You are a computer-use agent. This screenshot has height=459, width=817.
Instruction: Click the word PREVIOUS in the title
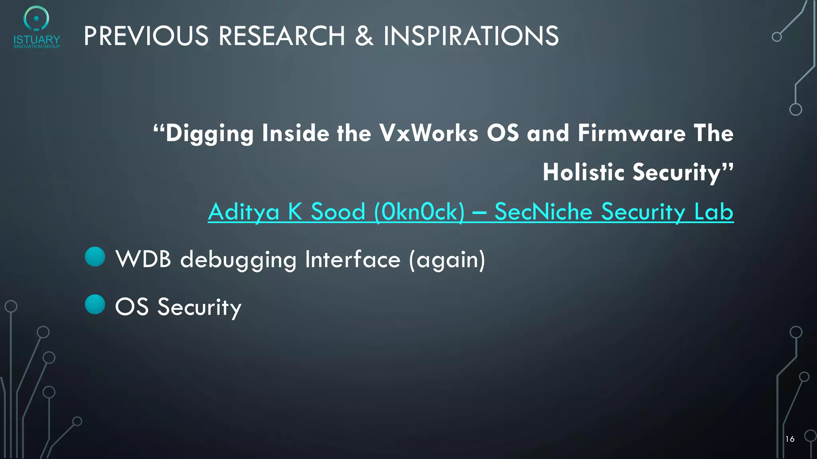tap(146, 36)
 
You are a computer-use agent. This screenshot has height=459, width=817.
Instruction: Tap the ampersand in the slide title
tap(364, 36)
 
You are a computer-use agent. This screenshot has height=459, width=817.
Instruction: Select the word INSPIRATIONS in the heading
tap(471, 36)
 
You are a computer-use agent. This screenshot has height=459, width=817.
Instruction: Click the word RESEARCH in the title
tap(282, 36)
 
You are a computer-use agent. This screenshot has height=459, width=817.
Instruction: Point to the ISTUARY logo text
tap(37, 40)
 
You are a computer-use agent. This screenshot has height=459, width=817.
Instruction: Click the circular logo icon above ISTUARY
tap(36, 18)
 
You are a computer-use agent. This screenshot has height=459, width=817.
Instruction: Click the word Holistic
tap(583, 172)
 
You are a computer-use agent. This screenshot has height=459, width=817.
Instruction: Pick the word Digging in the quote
tap(209, 133)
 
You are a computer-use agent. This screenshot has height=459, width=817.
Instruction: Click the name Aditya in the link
tap(243, 212)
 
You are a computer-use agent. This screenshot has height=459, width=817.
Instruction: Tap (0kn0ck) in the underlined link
tap(419, 212)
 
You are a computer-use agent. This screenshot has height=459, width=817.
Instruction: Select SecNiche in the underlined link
tap(543, 212)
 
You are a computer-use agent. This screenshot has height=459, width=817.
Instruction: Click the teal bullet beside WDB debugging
tap(95, 257)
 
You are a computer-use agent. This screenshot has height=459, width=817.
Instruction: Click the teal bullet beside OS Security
tap(95, 304)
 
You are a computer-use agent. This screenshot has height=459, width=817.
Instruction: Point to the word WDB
tap(143, 259)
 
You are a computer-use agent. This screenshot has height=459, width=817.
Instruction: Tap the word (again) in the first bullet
tap(447, 259)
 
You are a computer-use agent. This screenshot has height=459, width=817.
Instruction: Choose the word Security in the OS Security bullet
tap(199, 307)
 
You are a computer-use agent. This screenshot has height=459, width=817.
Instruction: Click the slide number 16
tap(790, 439)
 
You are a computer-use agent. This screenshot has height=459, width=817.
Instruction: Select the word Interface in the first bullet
tap(353, 259)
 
